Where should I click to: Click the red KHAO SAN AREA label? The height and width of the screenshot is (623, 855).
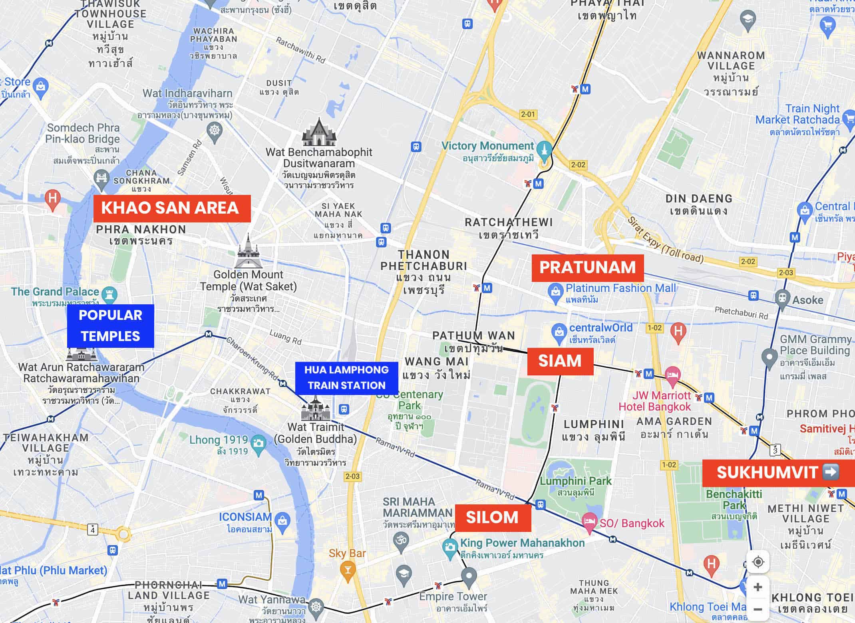[x=172, y=208]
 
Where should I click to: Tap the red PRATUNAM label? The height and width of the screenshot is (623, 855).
[x=587, y=268]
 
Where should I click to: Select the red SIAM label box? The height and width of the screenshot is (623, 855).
[x=560, y=361]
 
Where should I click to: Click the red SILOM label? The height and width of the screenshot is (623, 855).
[x=492, y=518]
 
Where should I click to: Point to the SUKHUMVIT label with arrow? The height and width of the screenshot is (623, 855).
[x=777, y=473]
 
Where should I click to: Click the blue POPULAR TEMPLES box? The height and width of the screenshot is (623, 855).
[x=110, y=325]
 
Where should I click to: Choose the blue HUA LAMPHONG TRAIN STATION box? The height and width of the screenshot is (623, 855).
[x=346, y=378]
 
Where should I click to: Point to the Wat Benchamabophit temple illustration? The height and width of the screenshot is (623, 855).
[x=318, y=132]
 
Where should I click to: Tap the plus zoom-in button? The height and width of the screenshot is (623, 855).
[x=758, y=587]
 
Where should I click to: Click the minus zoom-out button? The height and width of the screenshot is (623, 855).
[x=758, y=609]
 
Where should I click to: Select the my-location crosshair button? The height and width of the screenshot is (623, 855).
[x=758, y=562]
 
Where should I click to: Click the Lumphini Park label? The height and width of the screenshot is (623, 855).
[x=575, y=481]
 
